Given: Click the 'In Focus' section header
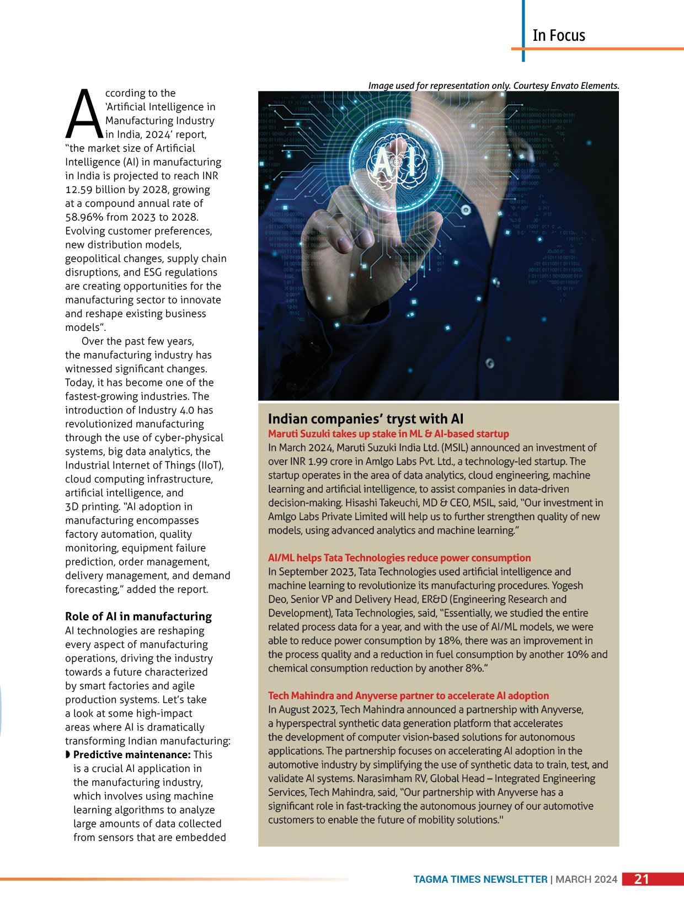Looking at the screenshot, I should [x=558, y=36].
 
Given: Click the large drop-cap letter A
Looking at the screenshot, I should [x=84, y=115].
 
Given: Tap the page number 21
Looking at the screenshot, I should [x=642, y=879].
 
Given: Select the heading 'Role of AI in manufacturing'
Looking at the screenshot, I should [x=138, y=616].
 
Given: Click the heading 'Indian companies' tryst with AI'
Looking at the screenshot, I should [x=366, y=419].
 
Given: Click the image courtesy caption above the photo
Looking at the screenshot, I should [x=494, y=85].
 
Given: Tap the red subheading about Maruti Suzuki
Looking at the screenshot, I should [x=388, y=434].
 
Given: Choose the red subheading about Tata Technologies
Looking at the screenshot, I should [x=399, y=558].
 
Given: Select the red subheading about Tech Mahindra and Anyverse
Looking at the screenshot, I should [x=408, y=696].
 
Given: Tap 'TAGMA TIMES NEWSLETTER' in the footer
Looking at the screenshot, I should [x=480, y=879].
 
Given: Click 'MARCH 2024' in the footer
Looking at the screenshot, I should [x=586, y=879].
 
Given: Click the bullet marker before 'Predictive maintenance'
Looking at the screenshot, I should [x=68, y=754].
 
